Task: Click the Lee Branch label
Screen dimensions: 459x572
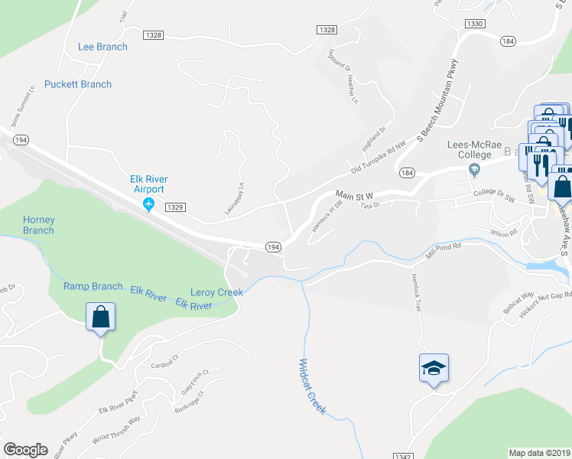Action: (x=102, y=47)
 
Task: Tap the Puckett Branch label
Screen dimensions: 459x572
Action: (x=78, y=84)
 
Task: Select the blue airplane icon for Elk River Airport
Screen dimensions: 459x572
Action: (x=149, y=204)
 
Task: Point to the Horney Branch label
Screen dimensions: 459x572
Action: (x=38, y=225)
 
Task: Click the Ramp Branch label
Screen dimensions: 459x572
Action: (x=93, y=286)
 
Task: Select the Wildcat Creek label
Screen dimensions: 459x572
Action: (x=312, y=387)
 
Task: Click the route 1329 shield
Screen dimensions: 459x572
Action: (x=175, y=207)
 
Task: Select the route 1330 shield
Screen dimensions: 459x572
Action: (x=474, y=24)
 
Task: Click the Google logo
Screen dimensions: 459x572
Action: (x=25, y=450)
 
